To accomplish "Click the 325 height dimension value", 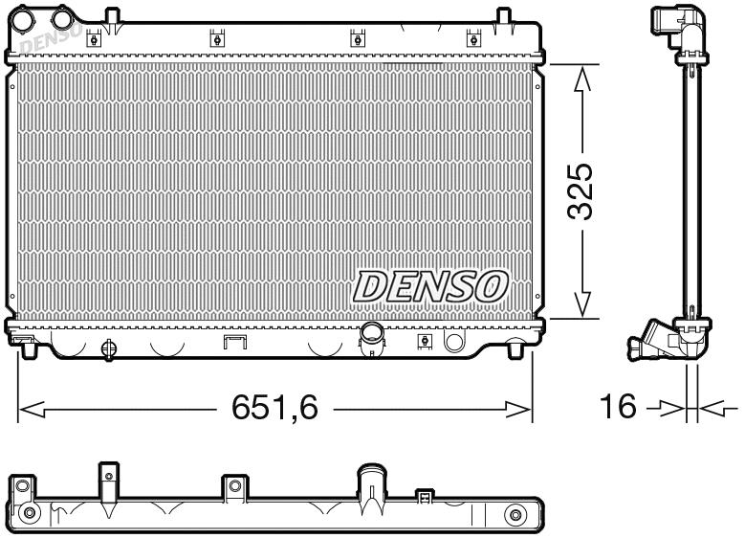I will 582,192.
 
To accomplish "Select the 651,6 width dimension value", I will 274,408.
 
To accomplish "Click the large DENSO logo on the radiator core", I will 430,284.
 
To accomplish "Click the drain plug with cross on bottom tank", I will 107,347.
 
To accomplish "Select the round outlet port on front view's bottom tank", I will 370,333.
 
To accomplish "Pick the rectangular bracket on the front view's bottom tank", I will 234,343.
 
